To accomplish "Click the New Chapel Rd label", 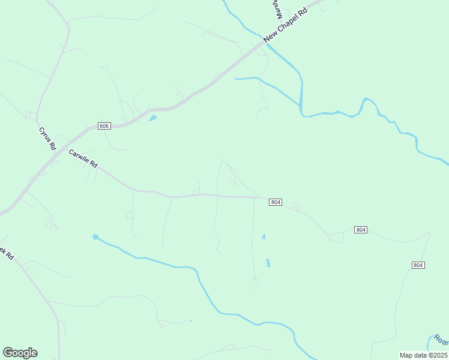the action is point(285,25).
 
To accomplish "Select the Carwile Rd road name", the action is point(83,158).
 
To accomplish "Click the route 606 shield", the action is point(104,126).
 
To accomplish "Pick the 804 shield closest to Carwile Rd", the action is point(276,202).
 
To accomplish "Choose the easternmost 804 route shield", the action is point(418,265).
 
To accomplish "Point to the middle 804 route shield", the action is point(360,230).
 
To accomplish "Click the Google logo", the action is point(20,353).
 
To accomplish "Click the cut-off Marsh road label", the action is point(273,8).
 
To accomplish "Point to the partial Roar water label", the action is point(441,340).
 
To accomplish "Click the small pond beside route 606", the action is point(152,118).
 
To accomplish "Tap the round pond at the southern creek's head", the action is point(95,237).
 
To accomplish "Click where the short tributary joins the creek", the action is point(300,106).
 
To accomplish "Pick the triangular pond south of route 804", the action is point(264,236).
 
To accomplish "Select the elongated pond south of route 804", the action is point(268,263).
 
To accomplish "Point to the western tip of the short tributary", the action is point(236,79).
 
